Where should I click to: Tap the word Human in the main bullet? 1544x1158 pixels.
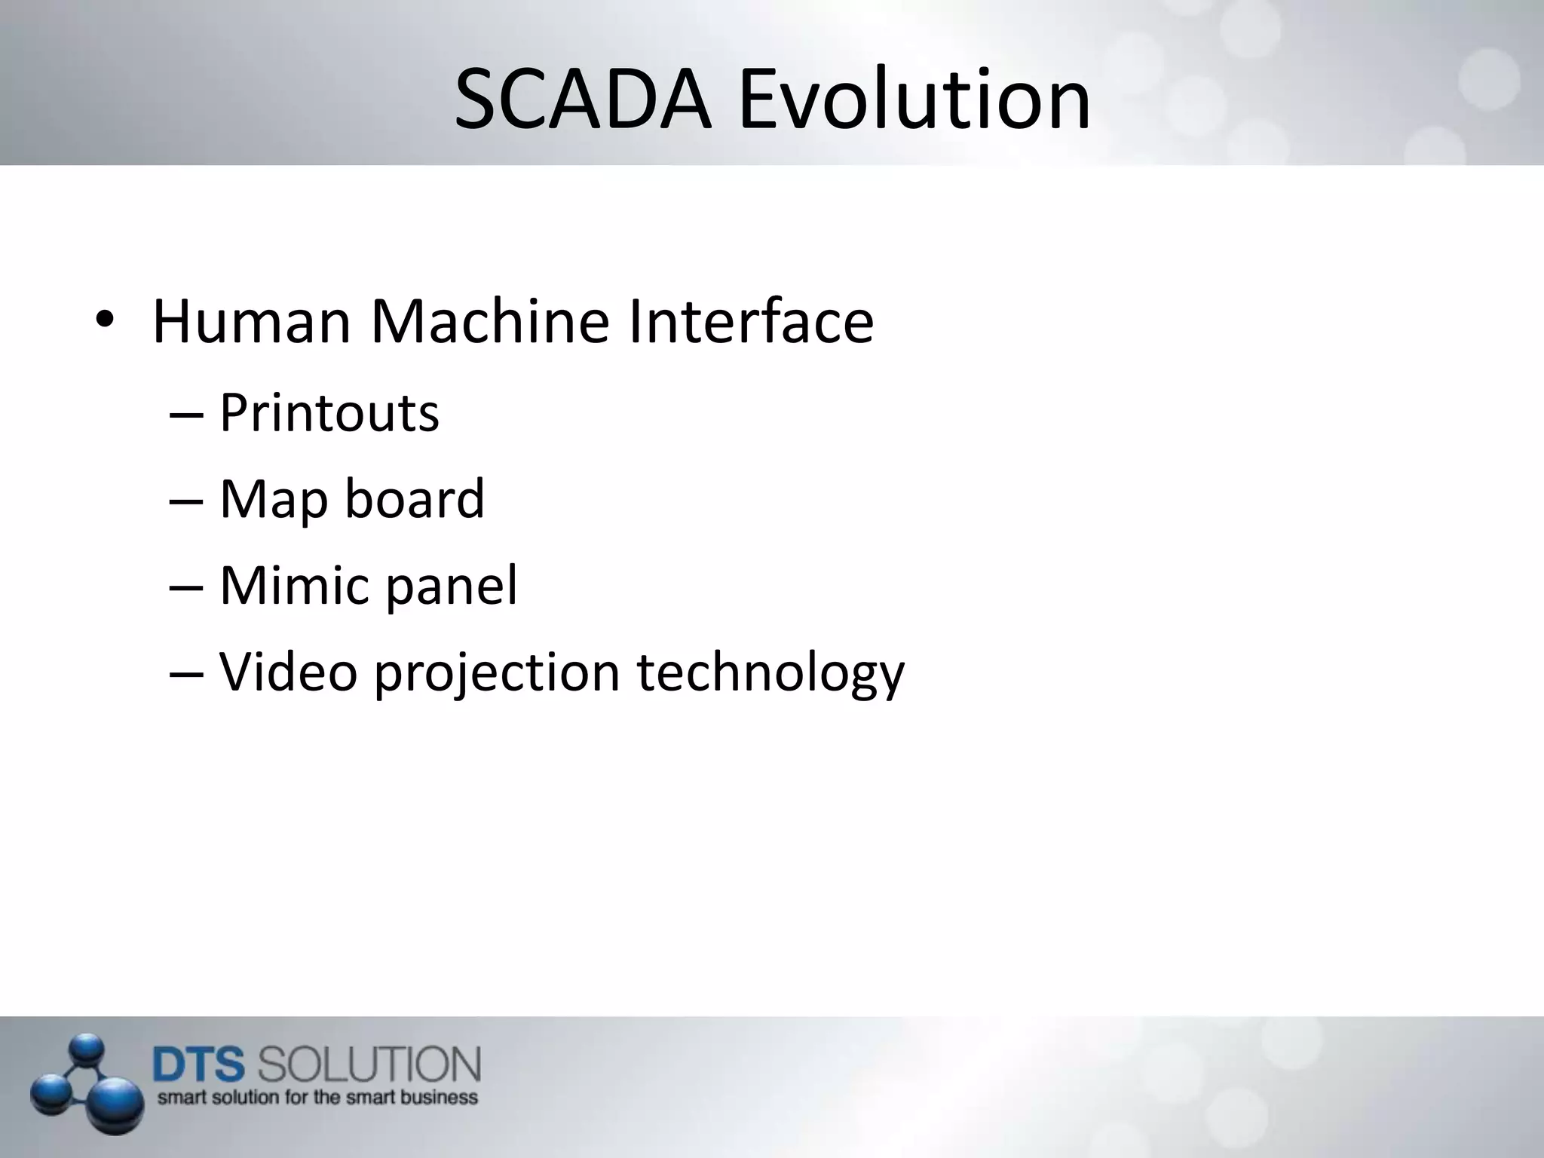[252, 322]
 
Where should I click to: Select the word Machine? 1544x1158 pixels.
[489, 322]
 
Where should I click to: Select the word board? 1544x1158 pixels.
[414, 499]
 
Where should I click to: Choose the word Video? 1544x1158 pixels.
[288, 672]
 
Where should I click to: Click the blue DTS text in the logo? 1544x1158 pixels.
[199, 1065]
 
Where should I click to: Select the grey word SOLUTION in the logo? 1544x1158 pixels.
[369, 1065]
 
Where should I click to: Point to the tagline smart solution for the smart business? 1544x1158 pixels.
[317, 1097]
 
